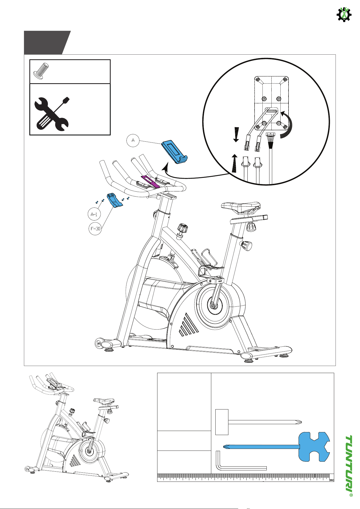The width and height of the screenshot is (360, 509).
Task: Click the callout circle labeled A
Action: (x=133, y=141)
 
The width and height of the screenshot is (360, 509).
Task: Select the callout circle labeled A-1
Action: (x=94, y=215)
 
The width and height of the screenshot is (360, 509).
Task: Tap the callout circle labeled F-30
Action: (x=95, y=229)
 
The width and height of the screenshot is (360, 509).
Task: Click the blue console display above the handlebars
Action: (x=175, y=152)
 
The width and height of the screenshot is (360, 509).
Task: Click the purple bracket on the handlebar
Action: (x=150, y=182)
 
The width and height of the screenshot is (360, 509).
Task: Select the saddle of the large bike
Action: (x=241, y=208)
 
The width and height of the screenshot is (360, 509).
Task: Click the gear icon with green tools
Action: (x=344, y=14)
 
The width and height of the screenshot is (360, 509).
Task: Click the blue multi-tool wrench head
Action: (x=314, y=447)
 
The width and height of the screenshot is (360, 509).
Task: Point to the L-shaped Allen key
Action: (x=241, y=468)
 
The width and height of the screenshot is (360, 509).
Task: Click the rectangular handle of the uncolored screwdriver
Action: (x=222, y=422)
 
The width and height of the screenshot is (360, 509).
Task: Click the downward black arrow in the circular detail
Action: (x=236, y=134)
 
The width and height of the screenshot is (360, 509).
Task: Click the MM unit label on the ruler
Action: (x=331, y=480)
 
